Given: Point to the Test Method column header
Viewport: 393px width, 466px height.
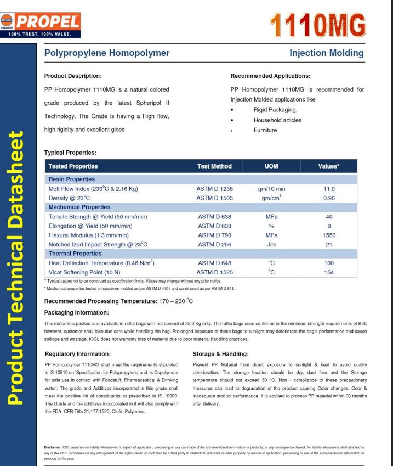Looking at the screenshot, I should click(x=214, y=165).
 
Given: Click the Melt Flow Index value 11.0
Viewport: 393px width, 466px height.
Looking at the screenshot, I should click(x=329, y=188).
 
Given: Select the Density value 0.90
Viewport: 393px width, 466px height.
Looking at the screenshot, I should click(x=329, y=198).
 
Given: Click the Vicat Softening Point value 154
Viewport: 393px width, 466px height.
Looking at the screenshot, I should click(x=329, y=272).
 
